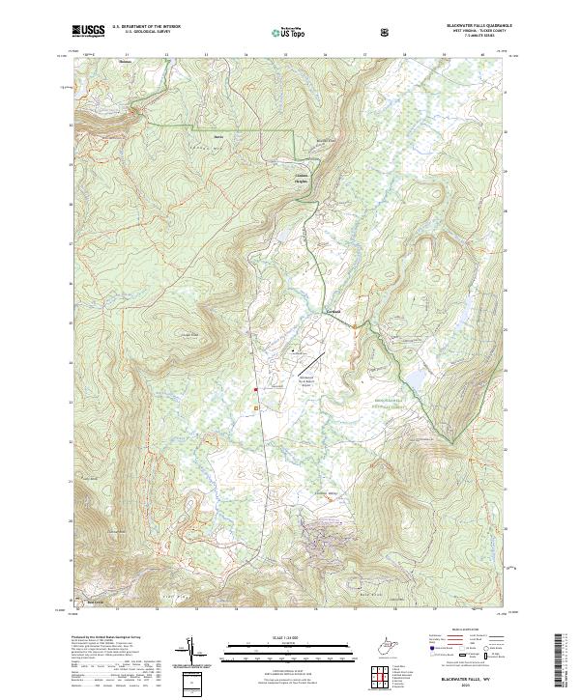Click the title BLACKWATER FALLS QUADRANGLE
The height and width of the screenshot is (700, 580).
pyautogui.click(x=459, y=26)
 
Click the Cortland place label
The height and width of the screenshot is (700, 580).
pyautogui.click(x=332, y=312)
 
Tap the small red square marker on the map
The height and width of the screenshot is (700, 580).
pyautogui.click(x=255, y=390)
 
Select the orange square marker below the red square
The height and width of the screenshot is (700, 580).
pyautogui.click(x=256, y=409)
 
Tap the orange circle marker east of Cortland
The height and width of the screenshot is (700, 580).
pyautogui.click(x=355, y=326)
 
